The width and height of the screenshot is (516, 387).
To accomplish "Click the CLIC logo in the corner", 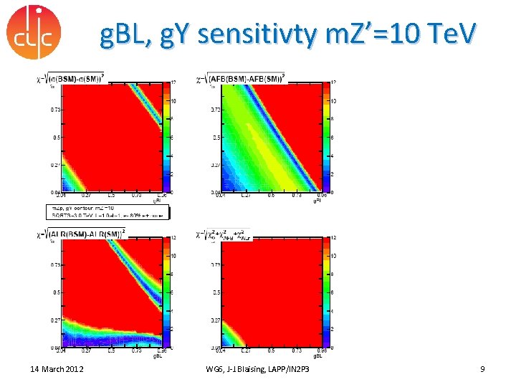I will point(33,32).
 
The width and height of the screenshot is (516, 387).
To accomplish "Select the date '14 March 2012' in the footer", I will point(57,368).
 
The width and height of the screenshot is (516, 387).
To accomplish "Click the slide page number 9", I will point(482,368).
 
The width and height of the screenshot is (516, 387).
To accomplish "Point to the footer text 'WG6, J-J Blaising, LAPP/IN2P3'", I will point(264,368).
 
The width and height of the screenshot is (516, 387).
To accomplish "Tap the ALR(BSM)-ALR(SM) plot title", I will point(83,232).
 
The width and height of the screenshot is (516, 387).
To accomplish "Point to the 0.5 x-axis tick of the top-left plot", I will point(111,194).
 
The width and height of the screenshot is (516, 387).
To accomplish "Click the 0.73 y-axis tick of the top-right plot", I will point(214,110).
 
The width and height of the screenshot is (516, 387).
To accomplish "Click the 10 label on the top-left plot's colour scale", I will point(173,100).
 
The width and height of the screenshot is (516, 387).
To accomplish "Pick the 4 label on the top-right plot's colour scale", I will point(331,156).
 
